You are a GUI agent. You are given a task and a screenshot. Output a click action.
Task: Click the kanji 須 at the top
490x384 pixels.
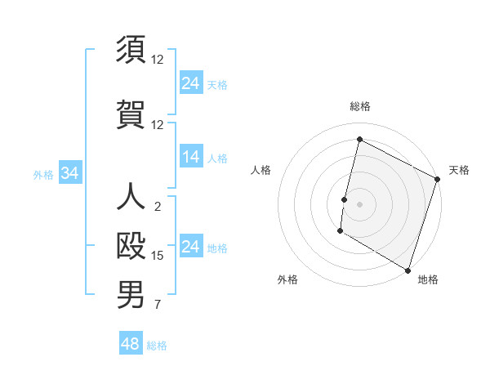[x=131, y=50]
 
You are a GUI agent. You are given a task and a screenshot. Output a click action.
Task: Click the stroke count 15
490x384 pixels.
[x=158, y=256]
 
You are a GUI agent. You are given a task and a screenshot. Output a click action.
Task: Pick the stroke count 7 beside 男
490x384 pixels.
[x=158, y=306]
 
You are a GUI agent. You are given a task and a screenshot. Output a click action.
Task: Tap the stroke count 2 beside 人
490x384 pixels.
[x=158, y=207]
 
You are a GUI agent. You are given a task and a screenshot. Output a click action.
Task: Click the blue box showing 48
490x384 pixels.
[x=131, y=344]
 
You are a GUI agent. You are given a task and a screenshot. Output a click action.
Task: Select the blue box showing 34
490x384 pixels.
[x=70, y=173]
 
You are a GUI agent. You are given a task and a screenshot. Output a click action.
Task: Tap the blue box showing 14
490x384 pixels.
[x=191, y=157]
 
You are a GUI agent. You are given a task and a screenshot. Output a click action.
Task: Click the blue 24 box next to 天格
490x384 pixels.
[x=191, y=83]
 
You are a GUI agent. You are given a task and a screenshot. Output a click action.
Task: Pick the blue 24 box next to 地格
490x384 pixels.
[x=191, y=247]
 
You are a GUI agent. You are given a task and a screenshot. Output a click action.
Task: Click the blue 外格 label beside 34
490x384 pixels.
[x=43, y=174]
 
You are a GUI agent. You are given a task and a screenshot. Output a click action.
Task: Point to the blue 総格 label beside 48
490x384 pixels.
[x=157, y=346]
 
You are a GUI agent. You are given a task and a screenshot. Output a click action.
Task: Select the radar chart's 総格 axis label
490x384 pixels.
[x=359, y=106]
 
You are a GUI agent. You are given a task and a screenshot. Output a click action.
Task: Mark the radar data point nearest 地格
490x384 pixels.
[x=408, y=270]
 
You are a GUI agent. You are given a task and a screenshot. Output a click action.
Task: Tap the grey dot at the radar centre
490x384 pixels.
[x=359, y=203]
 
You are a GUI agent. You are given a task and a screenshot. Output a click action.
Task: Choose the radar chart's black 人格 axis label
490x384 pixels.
[x=261, y=170]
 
